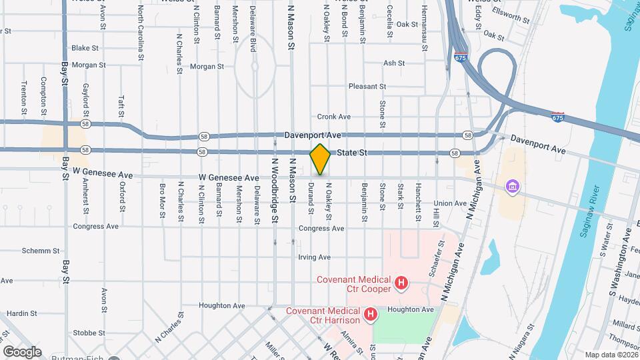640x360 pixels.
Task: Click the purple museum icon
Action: click(512, 185)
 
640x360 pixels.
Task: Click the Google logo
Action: click(22, 351)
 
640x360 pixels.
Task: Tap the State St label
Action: click(353, 153)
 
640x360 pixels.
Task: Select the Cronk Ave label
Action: click(334, 117)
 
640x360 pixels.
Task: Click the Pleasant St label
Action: click(367, 87)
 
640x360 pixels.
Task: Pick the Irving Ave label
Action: click(315, 257)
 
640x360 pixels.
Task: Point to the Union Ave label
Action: click(450, 203)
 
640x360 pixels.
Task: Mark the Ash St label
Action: click(394, 63)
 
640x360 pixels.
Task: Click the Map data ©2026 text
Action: click(610, 355)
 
